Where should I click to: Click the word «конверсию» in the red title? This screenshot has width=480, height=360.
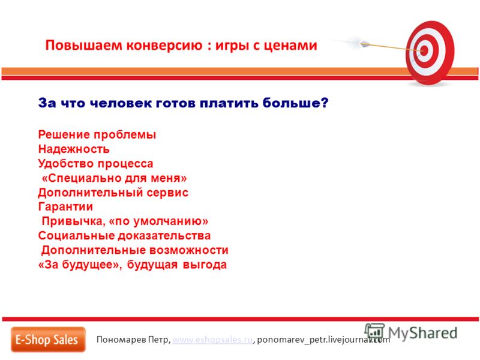pos(164,46)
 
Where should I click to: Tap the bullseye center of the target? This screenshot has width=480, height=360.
pos(424,50)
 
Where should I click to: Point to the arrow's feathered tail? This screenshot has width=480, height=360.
pos(355,42)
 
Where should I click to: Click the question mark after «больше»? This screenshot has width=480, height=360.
pos(325,103)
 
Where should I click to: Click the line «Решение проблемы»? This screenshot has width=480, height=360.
pos(97,134)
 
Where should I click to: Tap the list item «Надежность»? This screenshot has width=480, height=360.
pos(74,149)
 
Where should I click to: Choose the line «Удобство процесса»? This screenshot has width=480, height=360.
pos(95,163)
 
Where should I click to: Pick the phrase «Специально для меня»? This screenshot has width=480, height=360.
pos(114,178)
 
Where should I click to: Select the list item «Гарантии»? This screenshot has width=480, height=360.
pos(65,207)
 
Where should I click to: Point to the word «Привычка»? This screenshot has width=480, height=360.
pos(73,221)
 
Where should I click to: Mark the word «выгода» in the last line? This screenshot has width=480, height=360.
pos(205,265)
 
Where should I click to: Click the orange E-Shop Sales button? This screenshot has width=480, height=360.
pos(48,340)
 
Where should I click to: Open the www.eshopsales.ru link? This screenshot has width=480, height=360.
pos(212,340)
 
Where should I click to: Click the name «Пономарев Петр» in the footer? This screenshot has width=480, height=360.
pos(133,340)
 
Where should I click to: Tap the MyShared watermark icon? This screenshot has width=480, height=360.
pos(374,332)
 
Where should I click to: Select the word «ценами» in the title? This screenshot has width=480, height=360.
pos(290,46)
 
